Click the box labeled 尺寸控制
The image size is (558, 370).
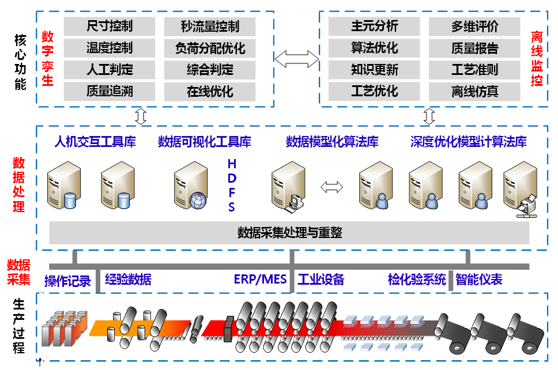click(x=110, y=26)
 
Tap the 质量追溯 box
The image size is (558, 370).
click(x=110, y=92)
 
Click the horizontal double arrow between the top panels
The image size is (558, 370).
click(x=297, y=58)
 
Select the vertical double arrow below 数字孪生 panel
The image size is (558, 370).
click(x=141, y=115)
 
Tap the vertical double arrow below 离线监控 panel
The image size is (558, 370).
click(x=428, y=115)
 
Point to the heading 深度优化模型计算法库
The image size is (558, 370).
click(x=468, y=142)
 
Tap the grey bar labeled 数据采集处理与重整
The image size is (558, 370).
click(x=289, y=233)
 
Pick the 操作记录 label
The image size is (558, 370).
click(x=68, y=281)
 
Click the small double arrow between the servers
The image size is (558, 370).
click(x=331, y=187)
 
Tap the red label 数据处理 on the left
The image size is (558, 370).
click(x=20, y=184)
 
